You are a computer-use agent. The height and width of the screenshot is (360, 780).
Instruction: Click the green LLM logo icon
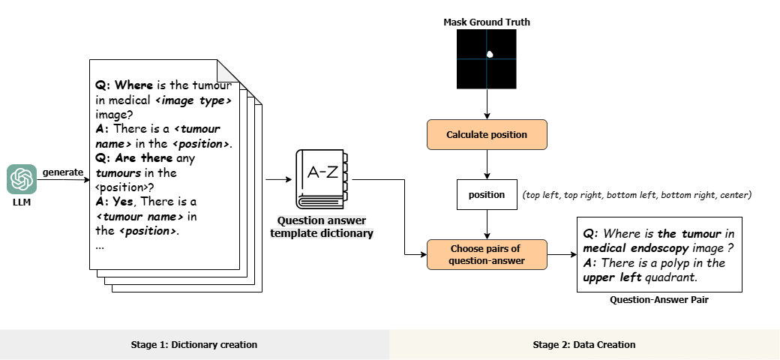tap(22, 180)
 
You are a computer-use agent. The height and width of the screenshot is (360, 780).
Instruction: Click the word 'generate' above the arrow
tap(62, 172)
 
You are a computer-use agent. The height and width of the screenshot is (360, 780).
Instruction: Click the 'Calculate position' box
tap(487, 135)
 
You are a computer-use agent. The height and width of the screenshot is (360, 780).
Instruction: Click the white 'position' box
tap(487, 195)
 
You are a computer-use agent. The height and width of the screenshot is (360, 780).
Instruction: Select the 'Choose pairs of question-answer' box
tap(487, 255)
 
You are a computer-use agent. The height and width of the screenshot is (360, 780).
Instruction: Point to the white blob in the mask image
tap(490, 54)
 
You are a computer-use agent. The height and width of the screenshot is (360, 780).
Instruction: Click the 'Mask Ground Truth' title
tap(487, 22)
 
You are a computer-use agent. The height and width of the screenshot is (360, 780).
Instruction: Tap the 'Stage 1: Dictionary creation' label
tap(194, 345)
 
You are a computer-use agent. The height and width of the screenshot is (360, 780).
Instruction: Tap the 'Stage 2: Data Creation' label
tap(584, 345)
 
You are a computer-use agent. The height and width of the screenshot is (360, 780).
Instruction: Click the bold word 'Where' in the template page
tap(133, 85)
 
